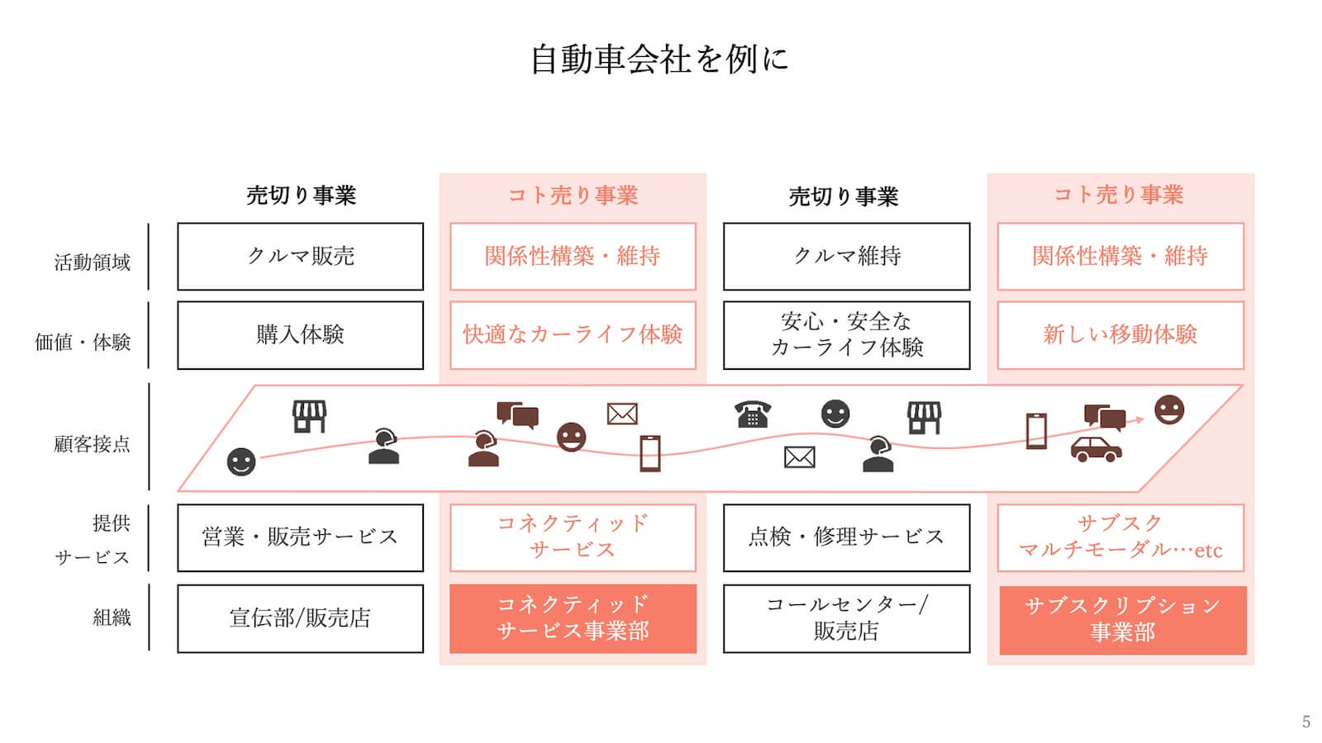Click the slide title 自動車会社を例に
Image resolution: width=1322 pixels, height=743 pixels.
click(659, 59)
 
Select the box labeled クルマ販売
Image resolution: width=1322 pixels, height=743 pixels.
click(300, 256)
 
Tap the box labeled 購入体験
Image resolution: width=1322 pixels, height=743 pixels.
click(300, 334)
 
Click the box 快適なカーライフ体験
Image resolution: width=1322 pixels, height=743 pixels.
click(573, 334)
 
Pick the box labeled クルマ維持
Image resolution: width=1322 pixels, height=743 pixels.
click(846, 256)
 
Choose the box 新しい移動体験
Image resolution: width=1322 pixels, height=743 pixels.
click(1120, 334)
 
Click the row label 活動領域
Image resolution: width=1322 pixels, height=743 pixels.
click(93, 263)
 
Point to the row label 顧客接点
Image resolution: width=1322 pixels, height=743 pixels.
click(93, 444)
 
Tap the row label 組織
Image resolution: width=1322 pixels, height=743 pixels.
click(112, 618)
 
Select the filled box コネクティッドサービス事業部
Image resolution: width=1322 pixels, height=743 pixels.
click(573, 618)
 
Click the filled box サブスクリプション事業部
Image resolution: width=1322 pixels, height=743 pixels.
click(1122, 619)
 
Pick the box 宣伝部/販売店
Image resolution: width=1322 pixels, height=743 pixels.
click(300, 618)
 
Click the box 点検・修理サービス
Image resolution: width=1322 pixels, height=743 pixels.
click(846, 537)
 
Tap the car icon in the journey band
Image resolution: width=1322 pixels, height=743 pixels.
click(1096, 449)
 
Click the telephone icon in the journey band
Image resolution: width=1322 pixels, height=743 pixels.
click(752, 414)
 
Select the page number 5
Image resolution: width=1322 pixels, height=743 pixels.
click(1305, 722)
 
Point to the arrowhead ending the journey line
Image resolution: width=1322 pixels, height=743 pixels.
click(1139, 420)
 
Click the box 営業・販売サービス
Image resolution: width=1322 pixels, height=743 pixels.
click(300, 537)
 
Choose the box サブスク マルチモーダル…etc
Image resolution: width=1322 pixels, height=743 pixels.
click(1120, 537)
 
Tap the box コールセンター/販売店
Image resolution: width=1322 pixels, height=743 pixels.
click(846, 618)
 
